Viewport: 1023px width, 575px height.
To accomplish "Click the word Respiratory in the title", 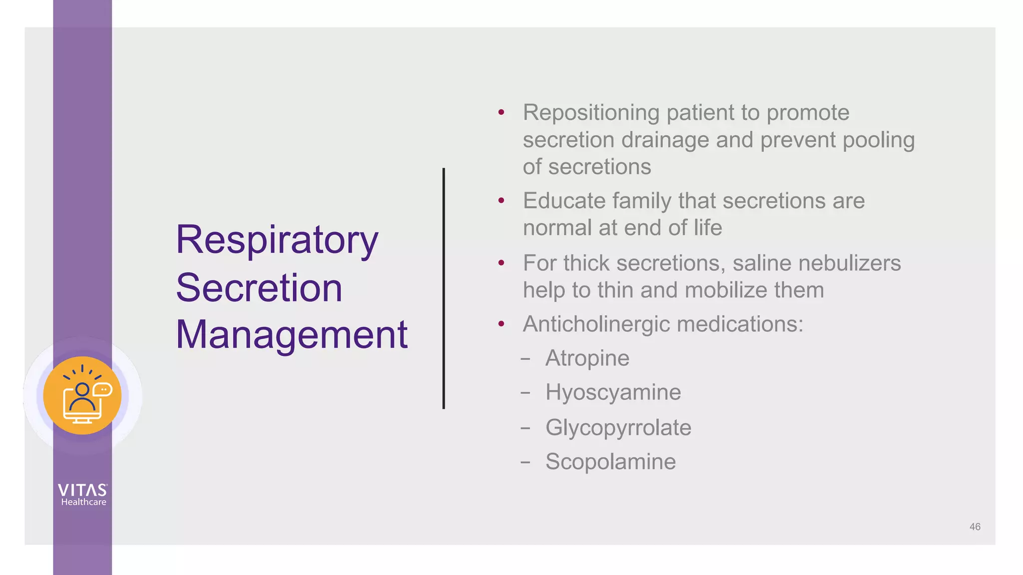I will pyautogui.click(x=277, y=241).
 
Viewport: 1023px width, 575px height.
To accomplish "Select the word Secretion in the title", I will pyautogui.click(x=259, y=288).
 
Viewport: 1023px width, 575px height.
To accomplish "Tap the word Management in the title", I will pyautogui.click(x=291, y=334).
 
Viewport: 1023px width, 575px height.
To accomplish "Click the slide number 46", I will pyautogui.click(x=975, y=527).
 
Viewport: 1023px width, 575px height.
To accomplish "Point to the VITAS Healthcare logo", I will pyautogui.click(x=83, y=495).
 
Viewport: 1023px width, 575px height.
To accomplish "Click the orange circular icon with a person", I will pyautogui.click(x=82, y=395).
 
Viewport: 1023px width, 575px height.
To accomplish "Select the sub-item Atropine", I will pyautogui.click(x=587, y=358).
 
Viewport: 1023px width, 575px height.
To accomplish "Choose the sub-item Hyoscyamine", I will pyautogui.click(x=613, y=392).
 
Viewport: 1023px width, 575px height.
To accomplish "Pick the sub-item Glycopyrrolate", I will pyautogui.click(x=618, y=428).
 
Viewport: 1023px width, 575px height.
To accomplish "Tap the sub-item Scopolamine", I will pyautogui.click(x=610, y=462).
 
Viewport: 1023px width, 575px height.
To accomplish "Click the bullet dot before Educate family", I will pyautogui.click(x=501, y=201).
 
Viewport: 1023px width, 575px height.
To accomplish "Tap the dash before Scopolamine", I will pyautogui.click(x=525, y=462).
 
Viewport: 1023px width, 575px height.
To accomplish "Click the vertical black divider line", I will pyautogui.click(x=444, y=288).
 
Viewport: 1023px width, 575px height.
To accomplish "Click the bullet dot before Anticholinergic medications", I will pyautogui.click(x=501, y=324).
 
